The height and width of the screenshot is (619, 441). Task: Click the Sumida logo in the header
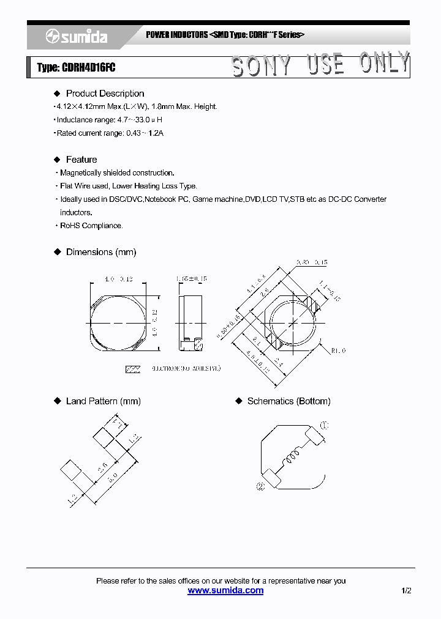click(77, 37)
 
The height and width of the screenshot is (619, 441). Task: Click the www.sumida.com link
click(225, 590)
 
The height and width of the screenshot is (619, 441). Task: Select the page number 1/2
click(406, 590)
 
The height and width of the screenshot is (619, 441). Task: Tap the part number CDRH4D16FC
click(88, 68)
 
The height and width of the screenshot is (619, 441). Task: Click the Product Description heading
click(105, 94)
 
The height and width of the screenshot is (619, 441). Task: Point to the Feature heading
click(81, 160)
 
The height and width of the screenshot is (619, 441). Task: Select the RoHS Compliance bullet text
click(91, 226)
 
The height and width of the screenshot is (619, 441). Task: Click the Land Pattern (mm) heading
click(103, 401)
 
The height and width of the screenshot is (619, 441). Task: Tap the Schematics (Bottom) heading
click(288, 401)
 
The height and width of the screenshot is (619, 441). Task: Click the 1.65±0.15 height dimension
click(191, 279)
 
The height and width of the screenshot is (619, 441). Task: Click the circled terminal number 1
click(324, 425)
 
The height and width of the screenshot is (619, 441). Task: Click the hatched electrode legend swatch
click(133, 369)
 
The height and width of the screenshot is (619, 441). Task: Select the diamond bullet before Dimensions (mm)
click(58, 252)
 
